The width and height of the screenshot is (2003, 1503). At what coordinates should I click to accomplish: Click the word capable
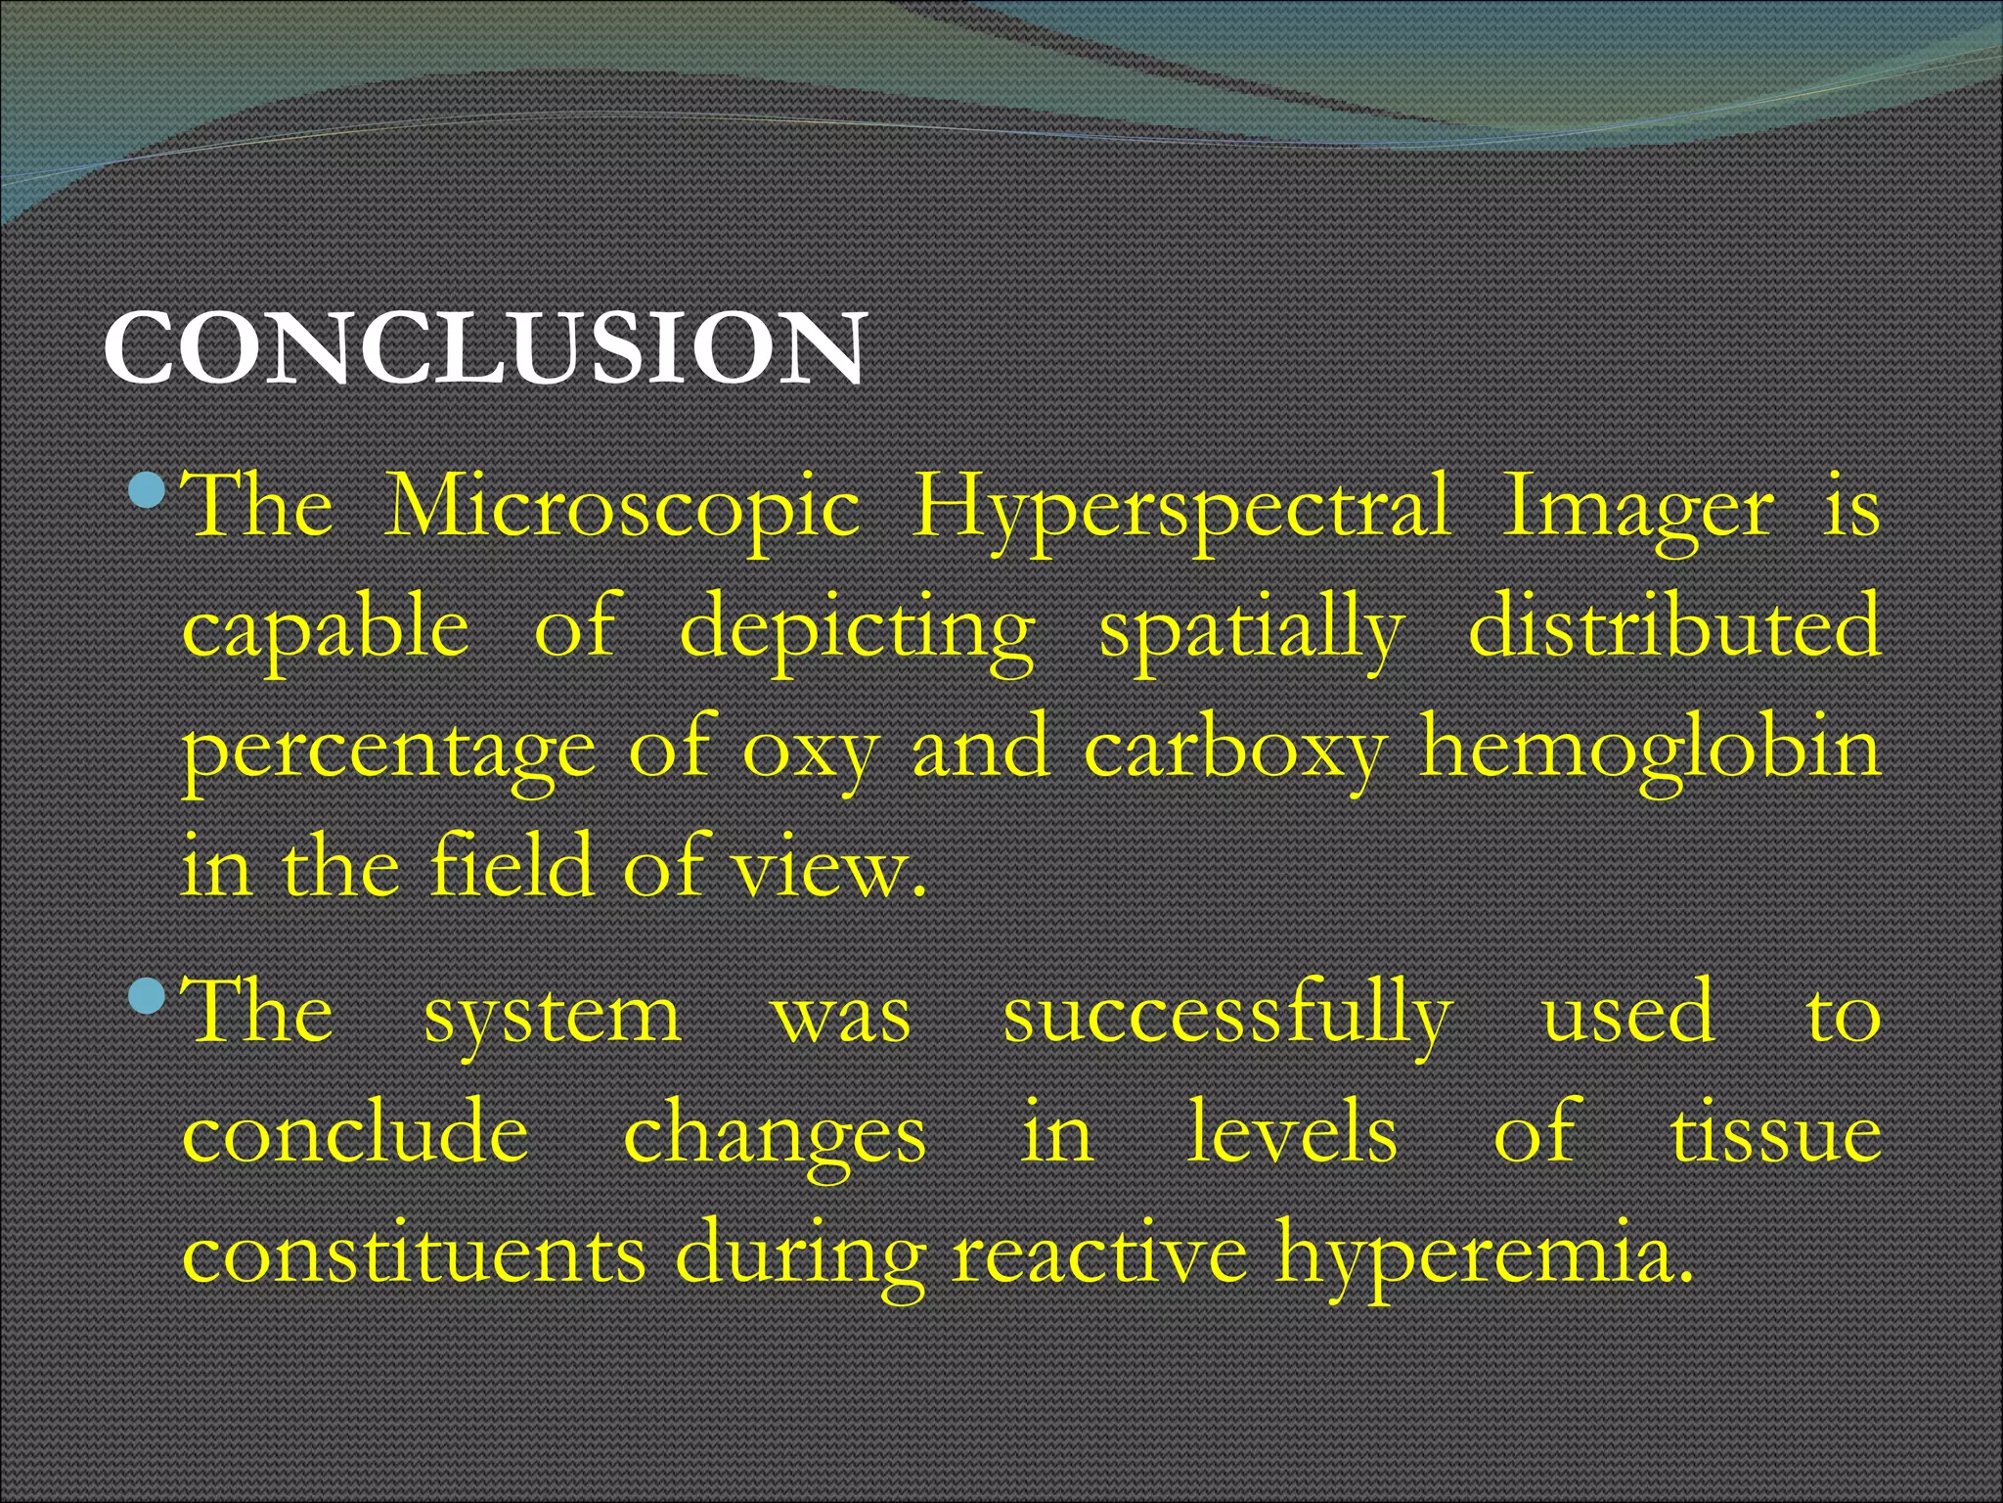pos(326,630)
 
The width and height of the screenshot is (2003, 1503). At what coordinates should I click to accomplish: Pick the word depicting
pos(857,630)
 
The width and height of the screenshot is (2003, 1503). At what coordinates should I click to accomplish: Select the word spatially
pos(1252,630)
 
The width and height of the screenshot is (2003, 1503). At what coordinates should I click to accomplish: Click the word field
pos(511,865)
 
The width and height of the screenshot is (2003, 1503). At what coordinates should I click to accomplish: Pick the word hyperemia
pos(1485,1257)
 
